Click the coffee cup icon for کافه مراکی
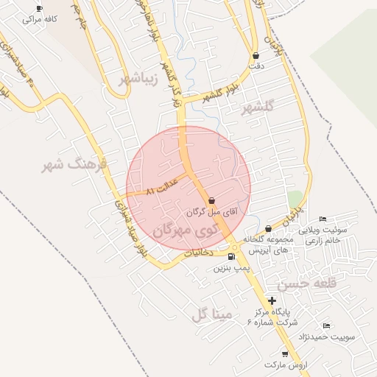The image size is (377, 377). (x=39, y=8)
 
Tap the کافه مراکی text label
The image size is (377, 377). (x=40, y=20)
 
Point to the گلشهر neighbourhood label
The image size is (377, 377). (x=257, y=108)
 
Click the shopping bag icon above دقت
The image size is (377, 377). (x=256, y=55)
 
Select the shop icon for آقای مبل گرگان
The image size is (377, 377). (x=212, y=200)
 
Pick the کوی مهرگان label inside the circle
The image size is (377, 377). (x=183, y=230)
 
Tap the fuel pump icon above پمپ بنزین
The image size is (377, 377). (x=233, y=257)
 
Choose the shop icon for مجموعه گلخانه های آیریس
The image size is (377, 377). (x=268, y=228)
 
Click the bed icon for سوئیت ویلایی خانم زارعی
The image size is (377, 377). (x=323, y=219)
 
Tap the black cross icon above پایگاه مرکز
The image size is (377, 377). (x=272, y=300)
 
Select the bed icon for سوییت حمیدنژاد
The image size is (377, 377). (x=326, y=325)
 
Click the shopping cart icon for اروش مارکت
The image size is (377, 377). (x=285, y=354)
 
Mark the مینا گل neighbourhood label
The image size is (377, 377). (x=211, y=315)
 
